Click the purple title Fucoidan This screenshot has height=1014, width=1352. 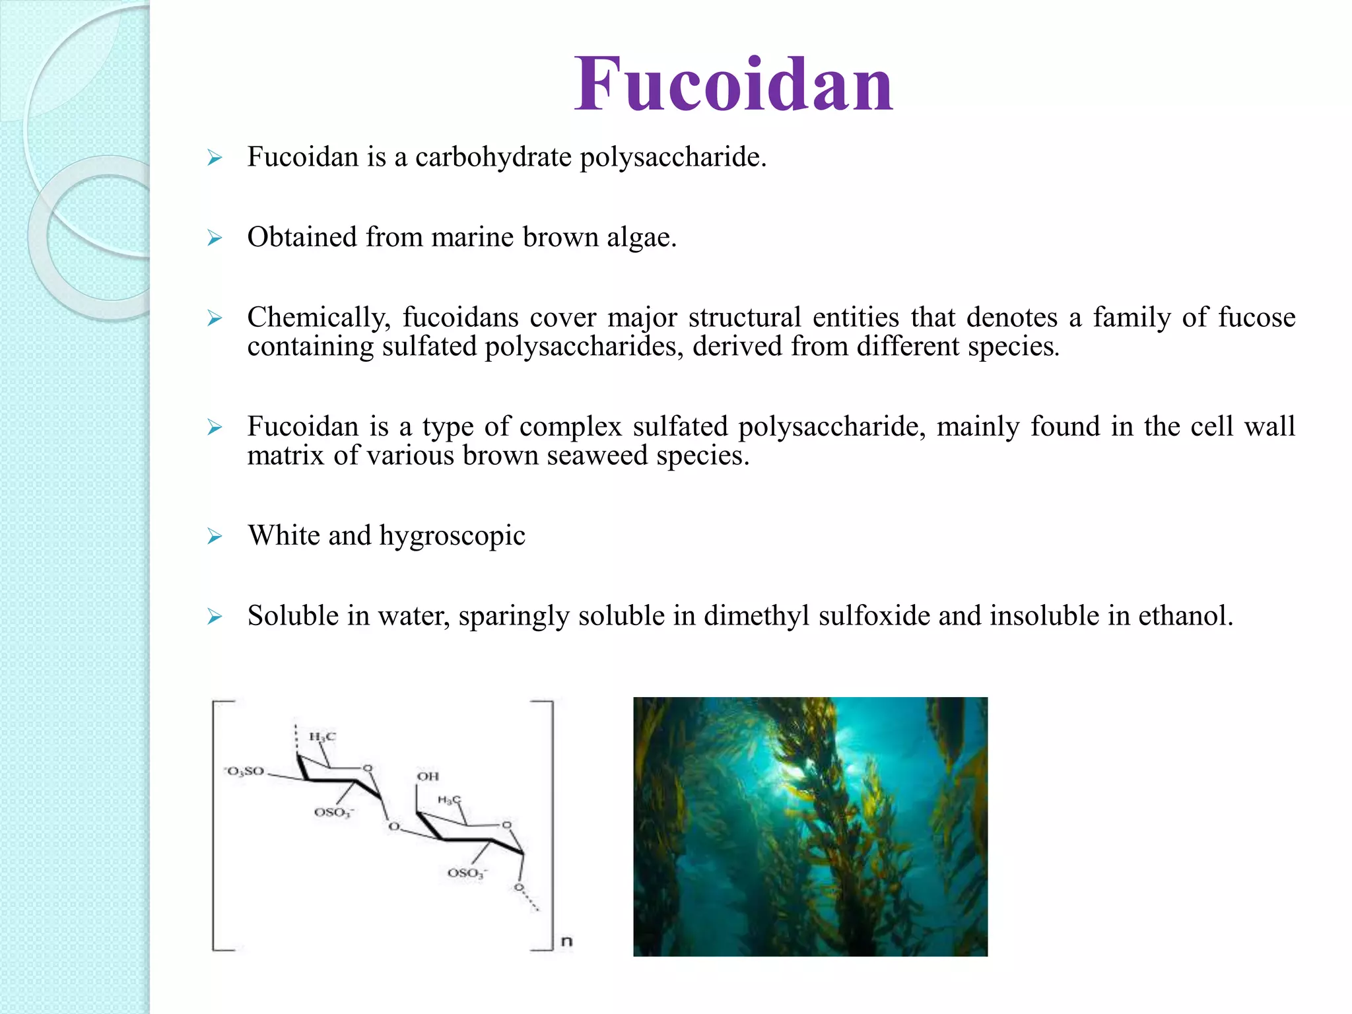733,84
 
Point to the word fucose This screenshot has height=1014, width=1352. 1257,318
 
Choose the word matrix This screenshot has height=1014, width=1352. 285,455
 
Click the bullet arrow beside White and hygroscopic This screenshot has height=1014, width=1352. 215,536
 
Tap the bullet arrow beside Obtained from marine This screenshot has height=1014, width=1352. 215,238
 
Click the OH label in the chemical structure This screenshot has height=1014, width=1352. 428,776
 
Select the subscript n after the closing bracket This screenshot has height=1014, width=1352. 566,941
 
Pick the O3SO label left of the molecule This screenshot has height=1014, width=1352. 244,771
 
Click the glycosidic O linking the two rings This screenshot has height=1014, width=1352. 393,827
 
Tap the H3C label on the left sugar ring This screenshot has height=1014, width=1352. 322,737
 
